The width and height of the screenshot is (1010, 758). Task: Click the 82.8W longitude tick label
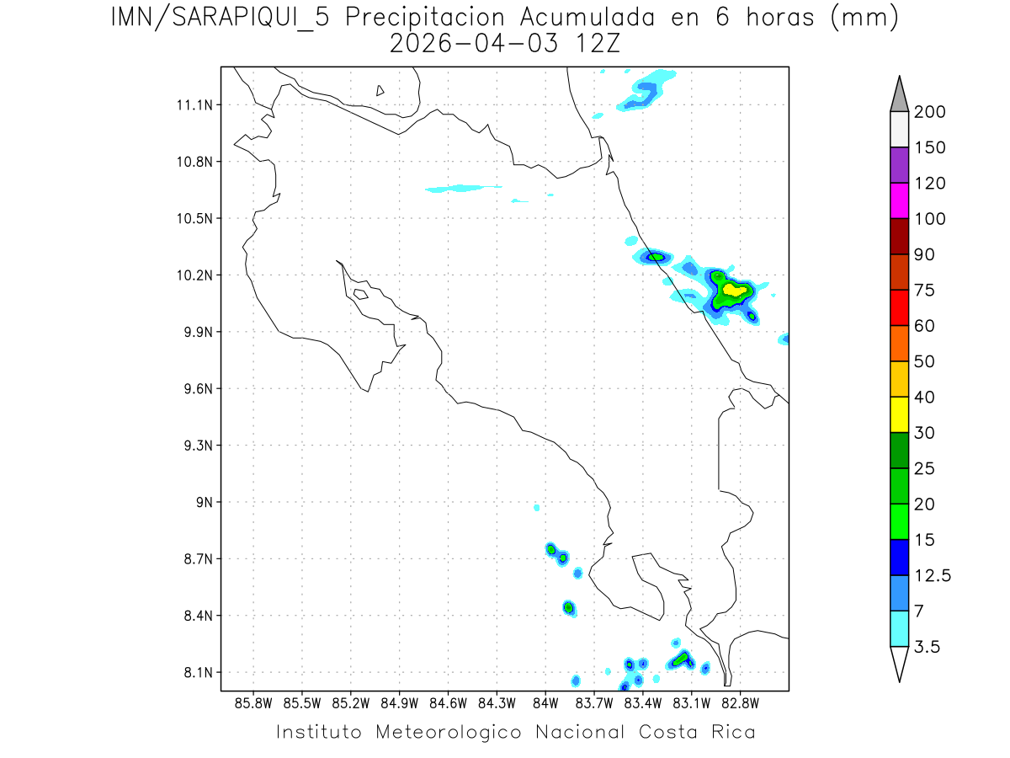coord(740,702)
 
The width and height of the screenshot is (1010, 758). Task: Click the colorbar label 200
coord(930,112)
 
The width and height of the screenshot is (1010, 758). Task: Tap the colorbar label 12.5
coord(933,575)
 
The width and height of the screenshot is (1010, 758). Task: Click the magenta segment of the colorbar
coord(899,200)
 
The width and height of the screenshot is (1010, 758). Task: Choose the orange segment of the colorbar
coord(899,343)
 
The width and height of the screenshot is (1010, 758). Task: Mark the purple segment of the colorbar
coord(899,165)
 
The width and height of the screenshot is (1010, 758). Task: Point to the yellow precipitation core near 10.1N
coord(735,290)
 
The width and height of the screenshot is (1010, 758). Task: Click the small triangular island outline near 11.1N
coord(380,90)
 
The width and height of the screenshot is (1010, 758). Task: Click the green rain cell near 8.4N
coord(569,607)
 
